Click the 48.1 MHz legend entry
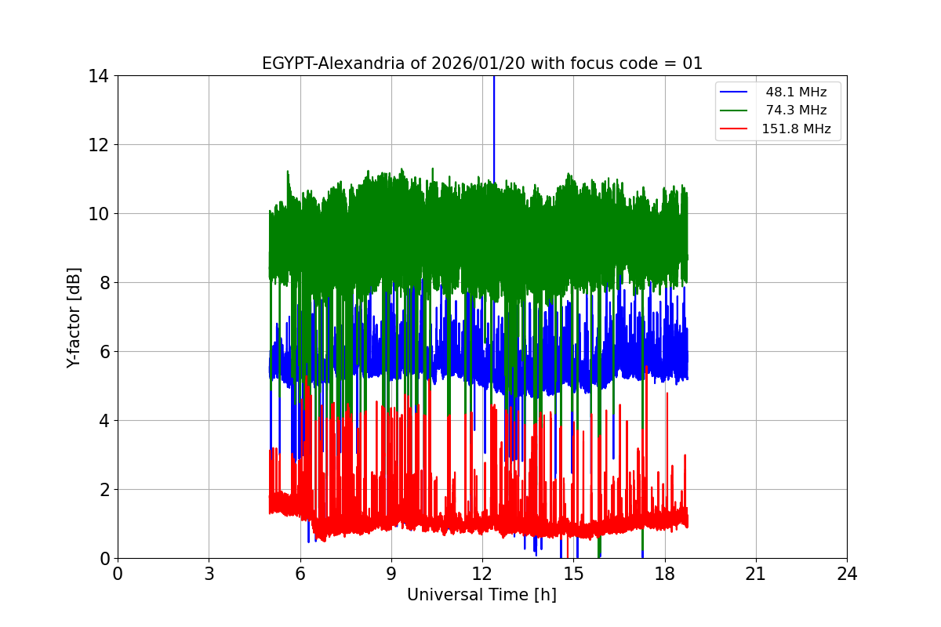click(796, 92)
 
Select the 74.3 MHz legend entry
click(796, 111)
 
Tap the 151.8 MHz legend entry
click(796, 129)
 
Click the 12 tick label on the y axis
click(101, 145)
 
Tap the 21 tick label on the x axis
click(756, 574)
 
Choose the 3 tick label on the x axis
click(209, 574)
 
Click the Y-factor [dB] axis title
click(74, 317)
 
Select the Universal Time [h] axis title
click(481, 596)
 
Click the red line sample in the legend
click(736, 129)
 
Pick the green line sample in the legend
click(736, 111)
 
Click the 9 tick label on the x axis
click(391, 574)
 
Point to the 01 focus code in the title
click(692, 63)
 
